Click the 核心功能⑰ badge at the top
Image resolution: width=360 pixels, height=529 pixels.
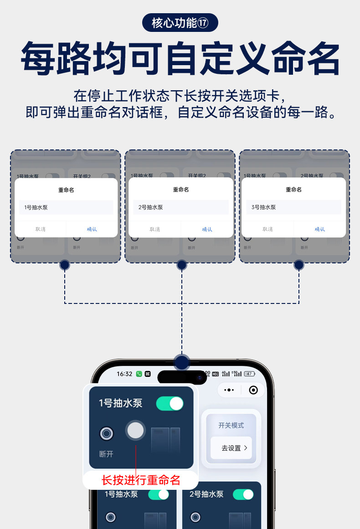[180, 23]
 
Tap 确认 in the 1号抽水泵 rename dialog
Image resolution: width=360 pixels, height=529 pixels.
[92, 229]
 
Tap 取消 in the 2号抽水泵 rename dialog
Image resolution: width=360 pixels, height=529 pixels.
[155, 229]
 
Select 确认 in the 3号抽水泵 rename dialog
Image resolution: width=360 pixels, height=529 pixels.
[319, 229]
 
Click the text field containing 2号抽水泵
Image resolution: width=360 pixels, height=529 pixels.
[180, 207]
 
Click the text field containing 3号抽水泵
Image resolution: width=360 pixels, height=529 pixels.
[293, 207]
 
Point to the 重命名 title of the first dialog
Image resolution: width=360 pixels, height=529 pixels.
[66, 190]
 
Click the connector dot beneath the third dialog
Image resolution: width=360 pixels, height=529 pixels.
[299, 265]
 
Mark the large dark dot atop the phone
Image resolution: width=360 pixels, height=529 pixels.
[182, 363]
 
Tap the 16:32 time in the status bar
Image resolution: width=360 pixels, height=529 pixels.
[124, 374]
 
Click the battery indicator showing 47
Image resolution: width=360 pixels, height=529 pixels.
[249, 374]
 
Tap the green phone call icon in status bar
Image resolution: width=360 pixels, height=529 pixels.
[139, 374]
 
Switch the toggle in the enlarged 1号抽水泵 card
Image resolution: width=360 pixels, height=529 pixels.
[170, 404]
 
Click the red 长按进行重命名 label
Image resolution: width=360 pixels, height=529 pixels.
[141, 480]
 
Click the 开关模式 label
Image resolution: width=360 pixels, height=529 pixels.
[231, 426]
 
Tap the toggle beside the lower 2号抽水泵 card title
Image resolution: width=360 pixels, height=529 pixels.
[243, 494]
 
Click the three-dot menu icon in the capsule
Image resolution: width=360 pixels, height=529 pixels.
[229, 390]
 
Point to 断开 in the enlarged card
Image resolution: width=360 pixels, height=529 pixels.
[106, 454]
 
